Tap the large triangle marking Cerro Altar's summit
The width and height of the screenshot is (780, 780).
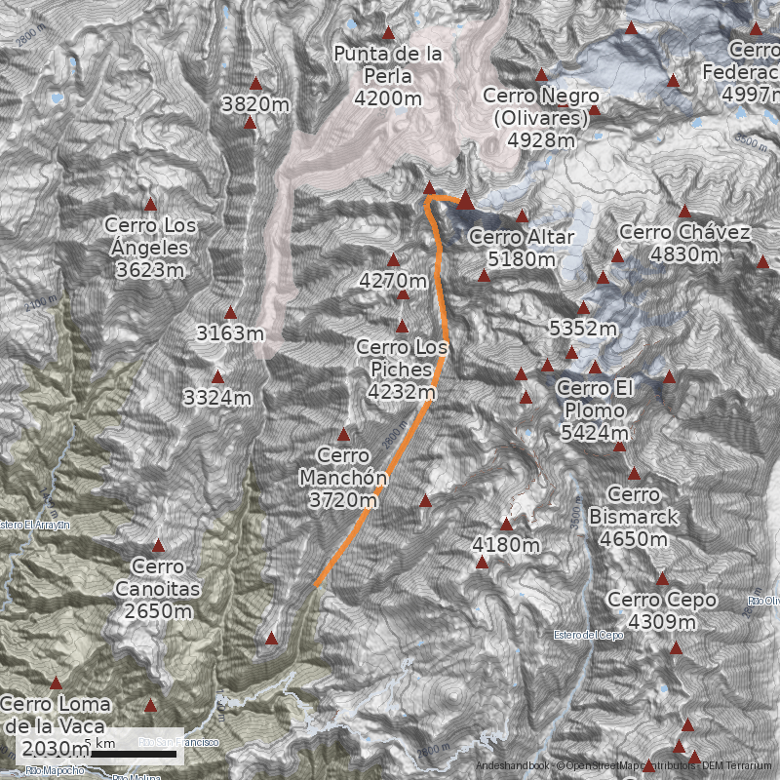[x=465, y=201]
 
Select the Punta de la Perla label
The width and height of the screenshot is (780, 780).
[x=388, y=75]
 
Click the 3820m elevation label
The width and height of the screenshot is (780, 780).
[x=255, y=104]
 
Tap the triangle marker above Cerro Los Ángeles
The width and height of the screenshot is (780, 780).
[x=150, y=205]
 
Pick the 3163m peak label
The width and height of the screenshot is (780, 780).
[x=231, y=333]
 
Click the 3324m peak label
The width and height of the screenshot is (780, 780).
[x=217, y=398]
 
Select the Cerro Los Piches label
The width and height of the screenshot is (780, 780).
[x=402, y=370]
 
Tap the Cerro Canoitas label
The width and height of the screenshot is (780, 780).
[x=158, y=589]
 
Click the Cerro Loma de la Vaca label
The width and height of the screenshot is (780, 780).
[x=56, y=725]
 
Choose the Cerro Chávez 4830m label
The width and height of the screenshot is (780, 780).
[x=684, y=243]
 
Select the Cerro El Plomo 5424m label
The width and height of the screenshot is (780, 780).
[x=595, y=410]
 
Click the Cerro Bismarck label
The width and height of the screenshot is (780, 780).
[x=634, y=517]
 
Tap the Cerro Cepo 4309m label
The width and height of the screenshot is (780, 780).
[x=661, y=610]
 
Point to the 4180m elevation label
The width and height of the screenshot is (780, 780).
[x=505, y=544]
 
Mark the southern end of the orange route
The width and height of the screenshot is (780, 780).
[x=316, y=586]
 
